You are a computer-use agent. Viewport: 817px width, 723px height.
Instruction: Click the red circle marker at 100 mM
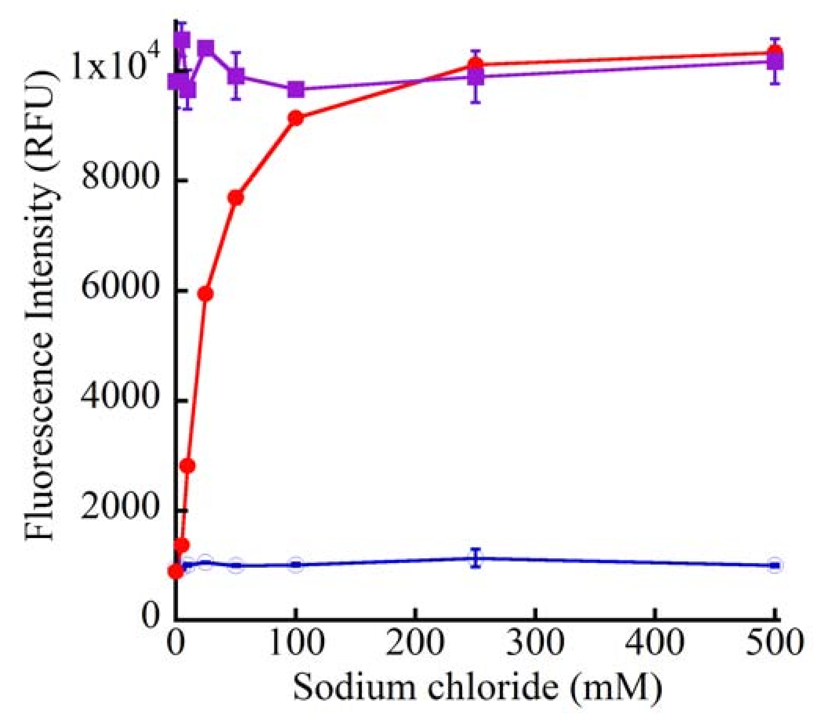click(x=296, y=118)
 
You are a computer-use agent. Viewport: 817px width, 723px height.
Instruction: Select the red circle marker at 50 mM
click(x=236, y=198)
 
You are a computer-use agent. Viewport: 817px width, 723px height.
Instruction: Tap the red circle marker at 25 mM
click(x=205, y=294)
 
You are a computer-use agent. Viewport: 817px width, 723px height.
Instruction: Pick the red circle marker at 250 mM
click(x=475, y=64)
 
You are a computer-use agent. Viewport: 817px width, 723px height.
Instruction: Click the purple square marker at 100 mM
click(x=296, y=89)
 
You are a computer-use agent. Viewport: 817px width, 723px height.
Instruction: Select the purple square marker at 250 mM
click(x=475, y=77)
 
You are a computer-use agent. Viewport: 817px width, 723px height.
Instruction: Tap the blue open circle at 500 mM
click(x=775, y=565)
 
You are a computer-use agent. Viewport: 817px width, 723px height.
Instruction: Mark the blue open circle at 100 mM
click(x=296, y=564)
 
